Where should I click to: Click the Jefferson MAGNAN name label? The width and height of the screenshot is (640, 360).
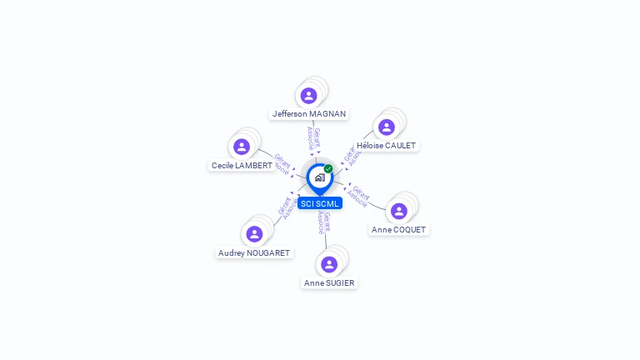click(309, 113)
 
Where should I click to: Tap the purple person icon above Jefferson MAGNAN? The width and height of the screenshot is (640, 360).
click(309, 96)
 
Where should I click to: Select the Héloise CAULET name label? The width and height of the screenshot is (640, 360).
click(386, 145)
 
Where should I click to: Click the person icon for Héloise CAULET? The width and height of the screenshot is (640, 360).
click(386, 127)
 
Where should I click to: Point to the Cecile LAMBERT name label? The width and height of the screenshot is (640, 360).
click(242, 165)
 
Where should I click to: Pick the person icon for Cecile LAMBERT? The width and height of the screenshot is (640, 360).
click(242, 147)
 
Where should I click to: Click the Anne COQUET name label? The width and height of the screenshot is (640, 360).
click(398, 229)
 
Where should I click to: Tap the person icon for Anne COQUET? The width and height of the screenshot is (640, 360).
click(399, 212)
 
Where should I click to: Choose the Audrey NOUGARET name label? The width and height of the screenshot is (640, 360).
click(254, 252)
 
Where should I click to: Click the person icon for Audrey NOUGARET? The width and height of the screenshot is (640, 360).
click(254, 234)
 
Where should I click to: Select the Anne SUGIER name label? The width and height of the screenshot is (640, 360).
click(329, 282)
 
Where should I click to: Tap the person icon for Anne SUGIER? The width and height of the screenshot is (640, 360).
click(329, 264)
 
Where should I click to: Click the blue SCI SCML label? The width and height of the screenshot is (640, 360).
click(320, 203)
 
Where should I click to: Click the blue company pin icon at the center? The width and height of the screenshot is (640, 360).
click(319, 177)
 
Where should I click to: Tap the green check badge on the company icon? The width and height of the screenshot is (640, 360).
click(328, 169)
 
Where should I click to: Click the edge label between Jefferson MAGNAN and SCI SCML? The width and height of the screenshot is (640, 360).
click(313, 138)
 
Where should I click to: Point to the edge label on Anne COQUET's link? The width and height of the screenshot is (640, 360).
click(357, 197)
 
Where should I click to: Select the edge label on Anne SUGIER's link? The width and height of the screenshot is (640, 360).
click(324, 222)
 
